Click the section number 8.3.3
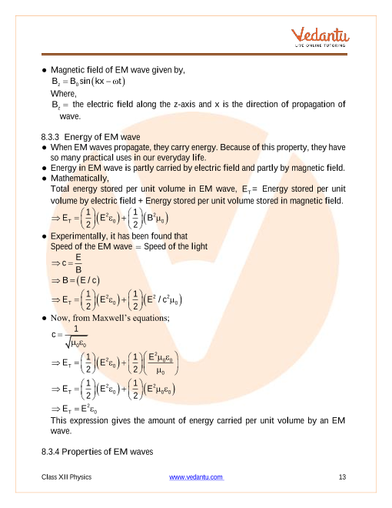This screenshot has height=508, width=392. tap(55, 137)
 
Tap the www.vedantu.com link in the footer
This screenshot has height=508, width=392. tap(196, 477)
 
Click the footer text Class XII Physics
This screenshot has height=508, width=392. tap(67, 477)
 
